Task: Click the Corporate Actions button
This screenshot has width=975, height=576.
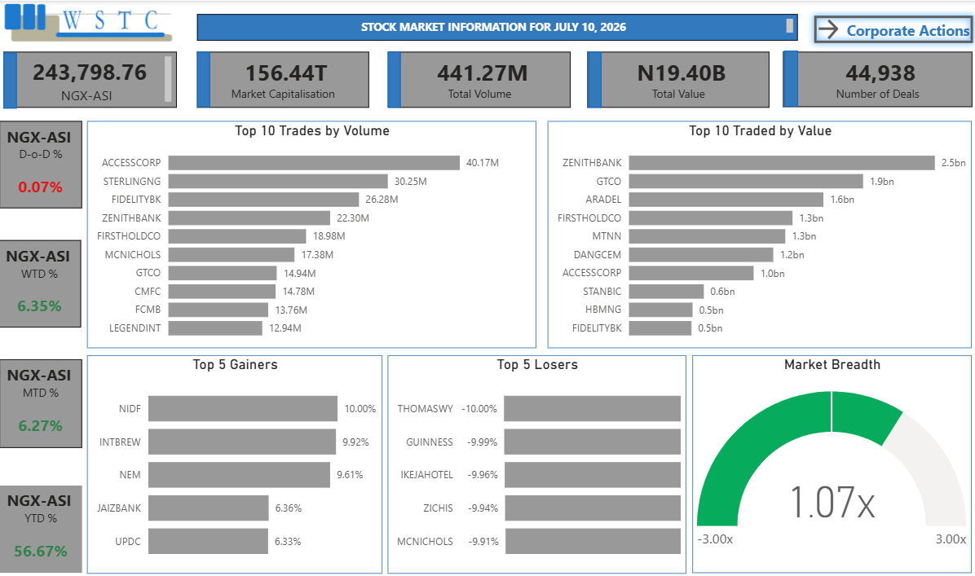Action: pos(893,30)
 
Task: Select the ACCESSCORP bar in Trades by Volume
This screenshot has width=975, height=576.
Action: pos(314,163)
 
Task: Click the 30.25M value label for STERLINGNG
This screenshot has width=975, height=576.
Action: pos(410,182)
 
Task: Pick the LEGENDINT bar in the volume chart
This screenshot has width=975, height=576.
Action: pos(215,328)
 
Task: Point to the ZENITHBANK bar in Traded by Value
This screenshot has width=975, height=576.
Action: pos(782,163)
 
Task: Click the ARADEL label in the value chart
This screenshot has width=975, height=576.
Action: pos(603,200)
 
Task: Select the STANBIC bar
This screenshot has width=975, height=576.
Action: pos(667,292)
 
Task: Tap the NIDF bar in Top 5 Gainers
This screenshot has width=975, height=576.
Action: pos(243,408)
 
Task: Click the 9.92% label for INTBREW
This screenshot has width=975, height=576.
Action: pos(355,442)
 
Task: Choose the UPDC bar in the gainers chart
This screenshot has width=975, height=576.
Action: pos(209,541)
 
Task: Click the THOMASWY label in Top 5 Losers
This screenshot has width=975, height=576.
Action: pos(426,408)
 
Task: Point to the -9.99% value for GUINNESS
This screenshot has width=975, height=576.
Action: pos(483,442)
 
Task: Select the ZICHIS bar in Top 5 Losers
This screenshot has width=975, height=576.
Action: pos(593,508)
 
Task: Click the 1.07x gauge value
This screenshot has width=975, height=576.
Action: pos(832,502)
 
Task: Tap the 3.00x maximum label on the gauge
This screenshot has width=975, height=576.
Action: pos(951,539)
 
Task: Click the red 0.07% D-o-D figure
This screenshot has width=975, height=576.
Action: pos(41,187)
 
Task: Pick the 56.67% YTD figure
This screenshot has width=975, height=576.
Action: pos(41,551)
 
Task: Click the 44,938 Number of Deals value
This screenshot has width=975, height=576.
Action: pos(880,73)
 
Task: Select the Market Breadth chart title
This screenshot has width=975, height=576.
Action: pos(832,365)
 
